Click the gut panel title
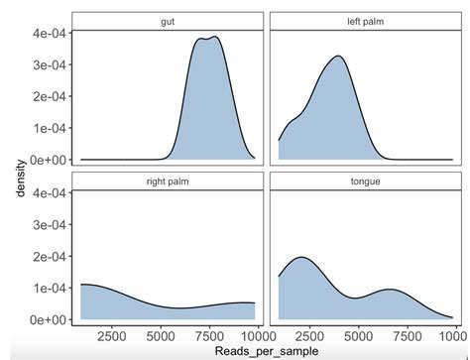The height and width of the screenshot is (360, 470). pos(167,21)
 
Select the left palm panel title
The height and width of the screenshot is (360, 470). pos(364,21)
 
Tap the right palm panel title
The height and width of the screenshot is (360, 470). pos(167,180)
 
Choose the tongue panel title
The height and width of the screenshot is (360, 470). pos(364,180)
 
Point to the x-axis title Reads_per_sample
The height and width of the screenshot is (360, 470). pos(266,350)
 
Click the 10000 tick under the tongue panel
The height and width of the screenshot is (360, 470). pos(450,335)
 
